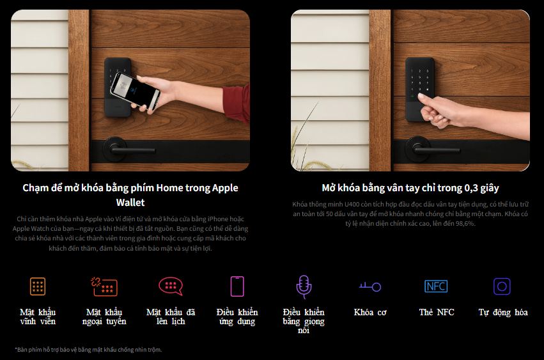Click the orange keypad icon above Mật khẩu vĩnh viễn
[x=38, y=286]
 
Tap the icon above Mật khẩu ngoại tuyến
[x=104, y=286]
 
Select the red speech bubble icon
[x=171, y=286]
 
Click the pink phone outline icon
[x=237, y=286]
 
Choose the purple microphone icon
[x=304, y=286]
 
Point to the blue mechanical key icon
[x=370, y=286]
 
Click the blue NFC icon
[x=436, y=286]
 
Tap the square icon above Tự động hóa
[x=502, y=286]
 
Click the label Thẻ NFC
[x=437, y=312]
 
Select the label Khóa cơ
[x=370, y=312]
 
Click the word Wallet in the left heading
[x=130, y=203]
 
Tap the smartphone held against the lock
[x=136, y=90]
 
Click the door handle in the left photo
[x=129, y=150]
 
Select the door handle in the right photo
[x=433, y=150]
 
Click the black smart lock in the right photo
[x=420, y=90]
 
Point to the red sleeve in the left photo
[x=237, y=104]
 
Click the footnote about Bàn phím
[x=88, y=350]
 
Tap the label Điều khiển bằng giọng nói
[x=304, y=321]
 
